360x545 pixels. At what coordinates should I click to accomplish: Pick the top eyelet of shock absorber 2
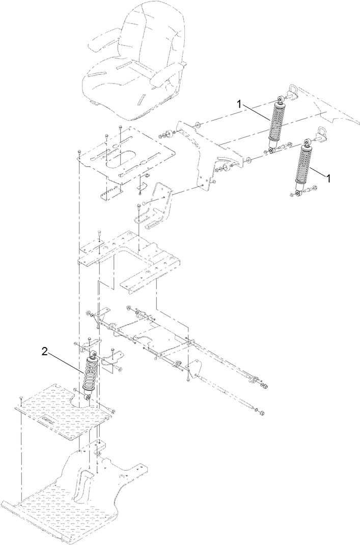pos(94,354)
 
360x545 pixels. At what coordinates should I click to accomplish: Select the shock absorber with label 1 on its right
pos(304,167)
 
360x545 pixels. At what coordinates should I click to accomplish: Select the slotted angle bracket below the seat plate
pos(153,207)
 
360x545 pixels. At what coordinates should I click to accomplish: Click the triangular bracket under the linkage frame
pos(194,369)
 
